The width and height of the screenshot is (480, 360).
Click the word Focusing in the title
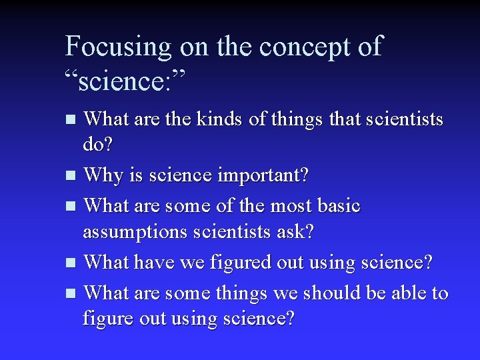coord(118,47)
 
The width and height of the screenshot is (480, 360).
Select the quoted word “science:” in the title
coord(126,82)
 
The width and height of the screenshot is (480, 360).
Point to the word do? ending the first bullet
coord(97,143)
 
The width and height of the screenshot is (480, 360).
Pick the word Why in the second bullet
coord(101,176)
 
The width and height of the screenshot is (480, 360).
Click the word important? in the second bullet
coord(262,176)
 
